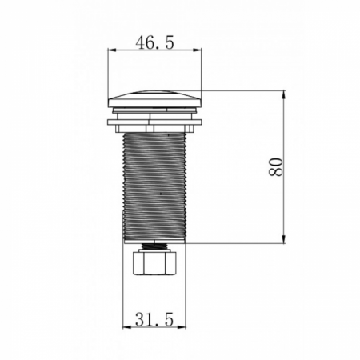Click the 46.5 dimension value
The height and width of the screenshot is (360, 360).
pyautogui.click(x=154, y=42)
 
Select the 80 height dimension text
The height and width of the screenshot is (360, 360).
pyautogui.click(x=275, y=167)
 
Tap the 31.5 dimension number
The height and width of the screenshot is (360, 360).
pyautogui.click(x=154, y=319)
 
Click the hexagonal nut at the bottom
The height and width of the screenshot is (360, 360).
pyautogui.click(x=154, y=262)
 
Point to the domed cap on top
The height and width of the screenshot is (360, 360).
pyautogui.click(x=154, y=99)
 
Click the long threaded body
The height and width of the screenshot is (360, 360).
pyautogui.click(x=154, y=186)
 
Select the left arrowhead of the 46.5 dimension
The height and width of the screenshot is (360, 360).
pyautogui.click(x=112, y=50)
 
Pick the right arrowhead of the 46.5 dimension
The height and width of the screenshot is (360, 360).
pyautogui.click(x=198, y=50)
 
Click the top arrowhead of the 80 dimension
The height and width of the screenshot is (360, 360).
pyautogui.click(x=284, y=95)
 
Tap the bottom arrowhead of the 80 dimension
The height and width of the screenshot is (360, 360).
pyautogui.click(x=284, y=239)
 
